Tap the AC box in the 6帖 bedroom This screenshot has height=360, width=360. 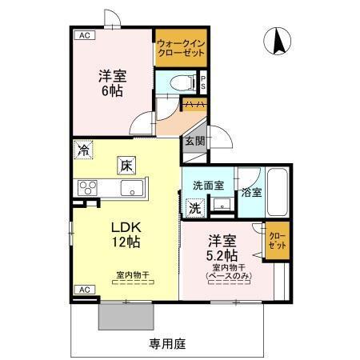(x=82, y=35)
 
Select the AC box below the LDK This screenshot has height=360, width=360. (x=82, y=289)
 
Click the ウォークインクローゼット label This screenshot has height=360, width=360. (x=181, y=47)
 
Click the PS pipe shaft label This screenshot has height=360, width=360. (x=203, y=81)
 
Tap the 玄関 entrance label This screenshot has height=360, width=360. (x=194, y=141)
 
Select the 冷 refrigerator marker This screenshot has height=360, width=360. (x=84, y=149)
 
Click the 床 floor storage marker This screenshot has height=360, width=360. (x=126, y=166)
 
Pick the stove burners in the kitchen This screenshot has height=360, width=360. (x=87, y=188)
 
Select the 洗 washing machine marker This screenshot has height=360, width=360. (x=194, y=206)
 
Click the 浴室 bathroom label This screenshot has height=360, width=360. (x=251, y=192)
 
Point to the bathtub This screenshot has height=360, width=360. (x=278, y=193)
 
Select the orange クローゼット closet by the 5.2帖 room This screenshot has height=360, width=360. (x=276, y=242)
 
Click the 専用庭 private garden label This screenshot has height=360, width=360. (x=167, y=344)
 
